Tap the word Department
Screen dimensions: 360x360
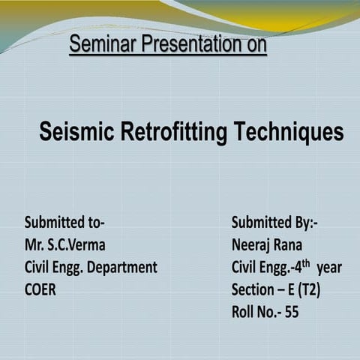tap(121, 267)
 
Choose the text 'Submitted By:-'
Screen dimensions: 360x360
tap(274, 223)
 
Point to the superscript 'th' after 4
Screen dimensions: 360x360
tap(303, 262)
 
